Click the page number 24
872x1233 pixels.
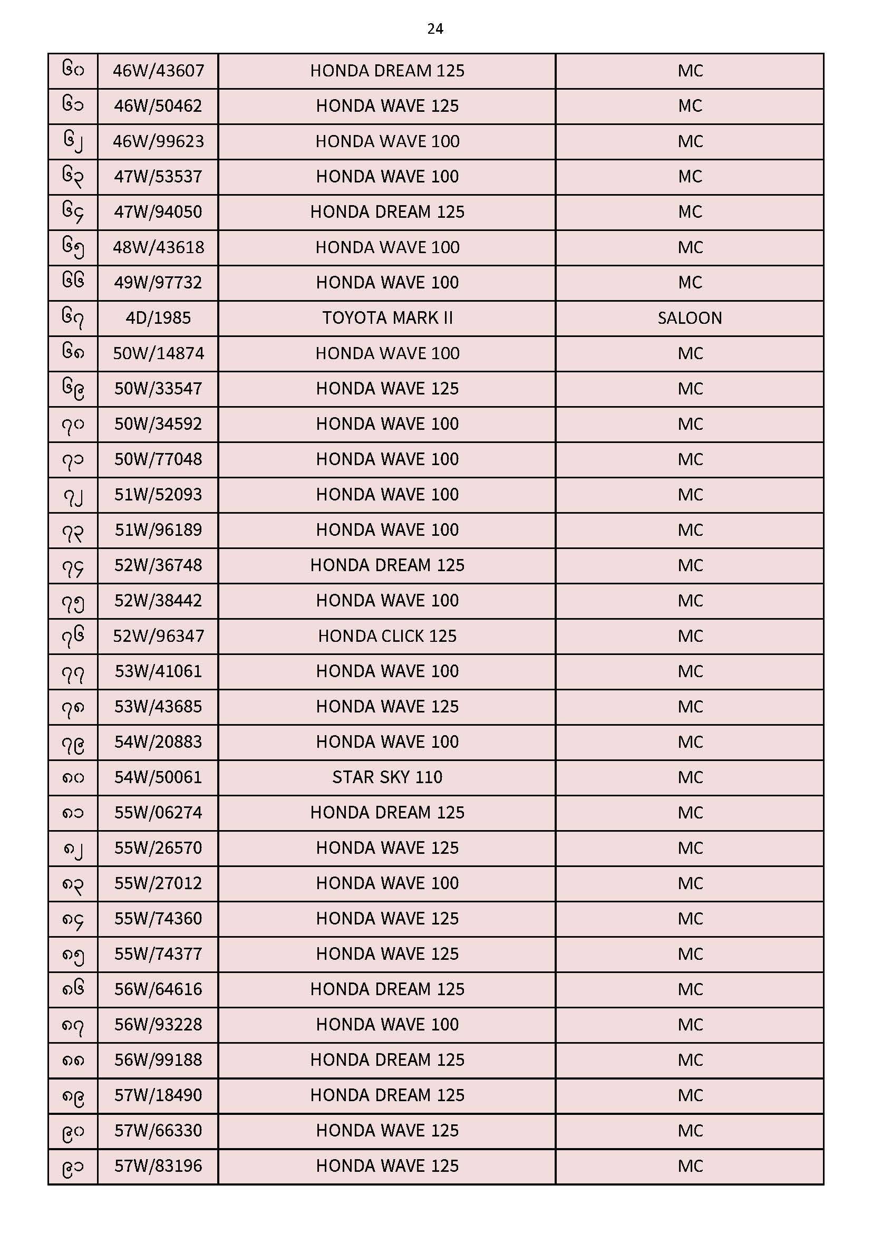point(435,29)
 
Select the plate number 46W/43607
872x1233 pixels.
point(158,71)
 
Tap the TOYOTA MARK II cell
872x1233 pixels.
point(387,318)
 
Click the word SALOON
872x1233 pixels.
point(690,318)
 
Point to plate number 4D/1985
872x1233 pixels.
point(158,318)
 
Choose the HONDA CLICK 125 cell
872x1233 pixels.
point(387,636)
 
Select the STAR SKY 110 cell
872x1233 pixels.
point(387,777)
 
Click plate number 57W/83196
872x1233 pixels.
point(158,1166)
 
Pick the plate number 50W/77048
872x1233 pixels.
point(158,459)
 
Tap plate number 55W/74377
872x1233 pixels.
point(158,953)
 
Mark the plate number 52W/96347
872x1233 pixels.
point(158,636)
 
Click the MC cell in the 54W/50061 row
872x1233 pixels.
point(690,777)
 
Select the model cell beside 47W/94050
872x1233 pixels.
point(387,212)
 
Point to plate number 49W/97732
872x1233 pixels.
point(158,283)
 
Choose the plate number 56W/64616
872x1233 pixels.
point(158,989)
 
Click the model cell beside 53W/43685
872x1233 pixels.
point(387,707)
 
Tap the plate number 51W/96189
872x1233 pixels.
point(158,530)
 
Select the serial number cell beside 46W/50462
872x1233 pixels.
point(73,106)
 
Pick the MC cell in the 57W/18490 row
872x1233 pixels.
point(690,1095)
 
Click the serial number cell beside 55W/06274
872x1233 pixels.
point(73,813)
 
